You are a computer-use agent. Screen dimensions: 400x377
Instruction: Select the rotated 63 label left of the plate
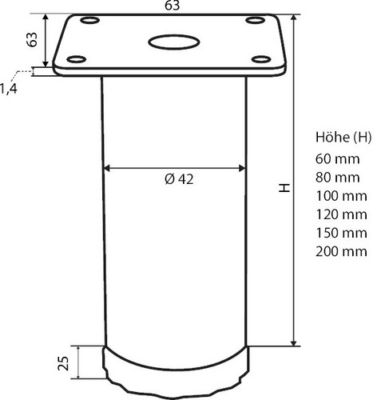click(33, 41)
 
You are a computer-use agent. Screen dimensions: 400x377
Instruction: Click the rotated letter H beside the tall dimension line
click(283, 188)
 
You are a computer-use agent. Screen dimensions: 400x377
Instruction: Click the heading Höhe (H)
click(344, 137)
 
